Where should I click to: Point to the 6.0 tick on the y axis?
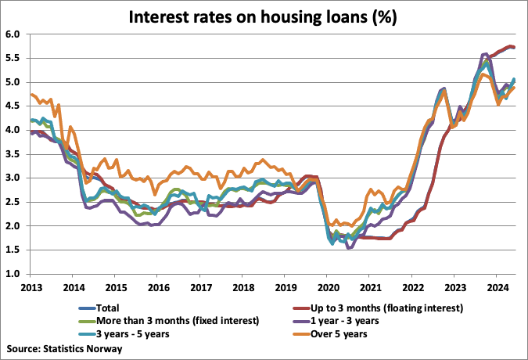14,34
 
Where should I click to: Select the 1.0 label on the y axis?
14,274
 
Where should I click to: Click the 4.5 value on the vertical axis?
14,106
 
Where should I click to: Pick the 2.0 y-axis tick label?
14,226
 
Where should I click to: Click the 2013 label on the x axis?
31,288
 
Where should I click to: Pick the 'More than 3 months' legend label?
170,321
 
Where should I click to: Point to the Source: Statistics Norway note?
64,348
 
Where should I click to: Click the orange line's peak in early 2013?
32,95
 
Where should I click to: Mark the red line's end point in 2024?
513,48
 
